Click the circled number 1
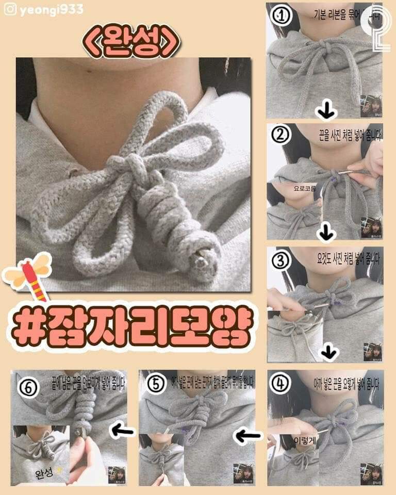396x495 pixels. [282, 16]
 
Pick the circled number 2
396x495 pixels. [282, 135]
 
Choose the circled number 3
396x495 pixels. [282, 260]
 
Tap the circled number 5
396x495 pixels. [156, 383]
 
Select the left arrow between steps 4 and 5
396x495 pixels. [248, 436]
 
